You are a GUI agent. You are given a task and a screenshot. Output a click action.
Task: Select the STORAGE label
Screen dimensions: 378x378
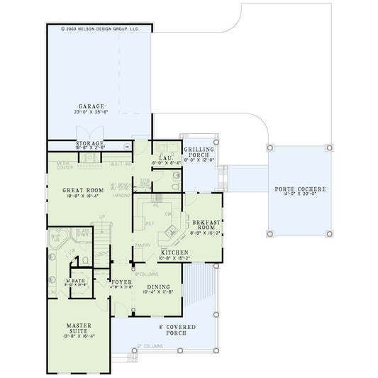(x=90, y=143)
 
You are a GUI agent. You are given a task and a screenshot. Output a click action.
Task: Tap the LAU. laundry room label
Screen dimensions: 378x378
(x=167, y=157)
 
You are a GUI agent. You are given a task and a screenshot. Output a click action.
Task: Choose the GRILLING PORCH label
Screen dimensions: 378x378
(x=199, y=152)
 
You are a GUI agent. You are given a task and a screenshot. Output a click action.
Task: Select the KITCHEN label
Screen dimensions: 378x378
(x=173, y=252)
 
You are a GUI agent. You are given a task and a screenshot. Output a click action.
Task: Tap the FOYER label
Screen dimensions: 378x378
(x=122, y=282)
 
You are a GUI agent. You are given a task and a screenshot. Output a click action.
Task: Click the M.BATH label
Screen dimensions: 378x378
(x=76, y=280)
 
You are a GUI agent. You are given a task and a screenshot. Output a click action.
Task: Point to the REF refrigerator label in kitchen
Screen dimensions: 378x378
(x=150, y=223)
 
